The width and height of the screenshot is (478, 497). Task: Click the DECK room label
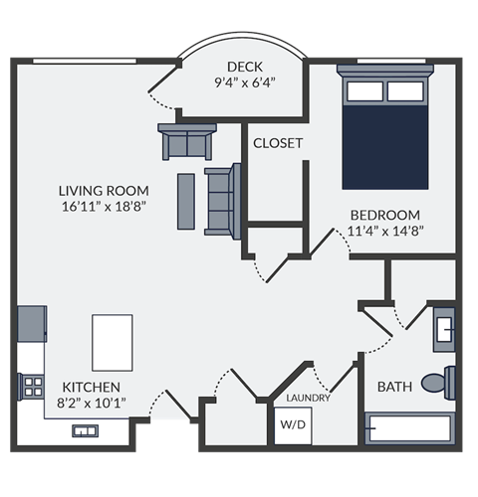tap(244, 67)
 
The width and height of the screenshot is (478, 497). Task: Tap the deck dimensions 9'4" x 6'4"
tap(244, 83)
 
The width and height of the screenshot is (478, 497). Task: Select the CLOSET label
tap(278, 143)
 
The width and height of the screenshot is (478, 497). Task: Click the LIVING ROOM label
tap(104, 191)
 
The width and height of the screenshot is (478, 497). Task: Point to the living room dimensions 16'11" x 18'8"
tap(104, 208)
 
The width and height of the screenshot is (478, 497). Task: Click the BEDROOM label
tap(384, 215)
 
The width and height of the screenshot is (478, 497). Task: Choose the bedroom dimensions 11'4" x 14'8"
tap(384, 232)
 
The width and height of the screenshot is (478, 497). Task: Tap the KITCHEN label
tap(92, 387)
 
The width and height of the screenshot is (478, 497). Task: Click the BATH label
tap(394, 386)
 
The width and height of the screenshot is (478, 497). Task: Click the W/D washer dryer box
tap(293, 424)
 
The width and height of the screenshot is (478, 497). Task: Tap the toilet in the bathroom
tap(437, 382)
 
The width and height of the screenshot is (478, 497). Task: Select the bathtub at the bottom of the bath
tap(408, 428)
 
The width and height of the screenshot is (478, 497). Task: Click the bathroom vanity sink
tap(445, 327)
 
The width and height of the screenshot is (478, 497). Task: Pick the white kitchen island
tap(113, 342)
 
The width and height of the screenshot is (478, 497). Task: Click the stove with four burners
tap(31, 387)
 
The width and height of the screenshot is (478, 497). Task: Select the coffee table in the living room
tap(186, 200)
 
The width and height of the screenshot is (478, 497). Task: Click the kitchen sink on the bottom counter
tap(84, 430)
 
